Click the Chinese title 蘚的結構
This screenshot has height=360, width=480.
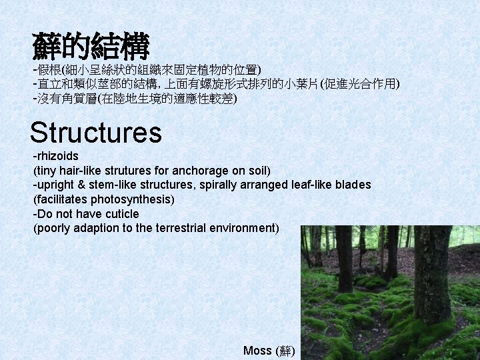91,46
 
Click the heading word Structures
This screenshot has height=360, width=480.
95,132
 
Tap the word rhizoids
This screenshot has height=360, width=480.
57,156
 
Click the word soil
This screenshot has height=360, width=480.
258,171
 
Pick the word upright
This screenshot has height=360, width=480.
55,185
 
